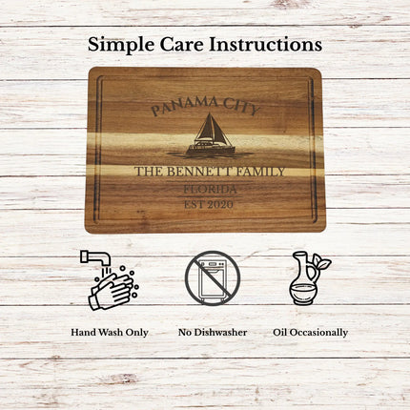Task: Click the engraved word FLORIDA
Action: (x=209, y=189)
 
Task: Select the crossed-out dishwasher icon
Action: (x=212, y=277)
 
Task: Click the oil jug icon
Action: (x=305, y=278)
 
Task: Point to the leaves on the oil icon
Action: (x=321, y=263)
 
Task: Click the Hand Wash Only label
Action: (x=110, y=332)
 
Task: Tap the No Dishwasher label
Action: (x=212, y=332)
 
